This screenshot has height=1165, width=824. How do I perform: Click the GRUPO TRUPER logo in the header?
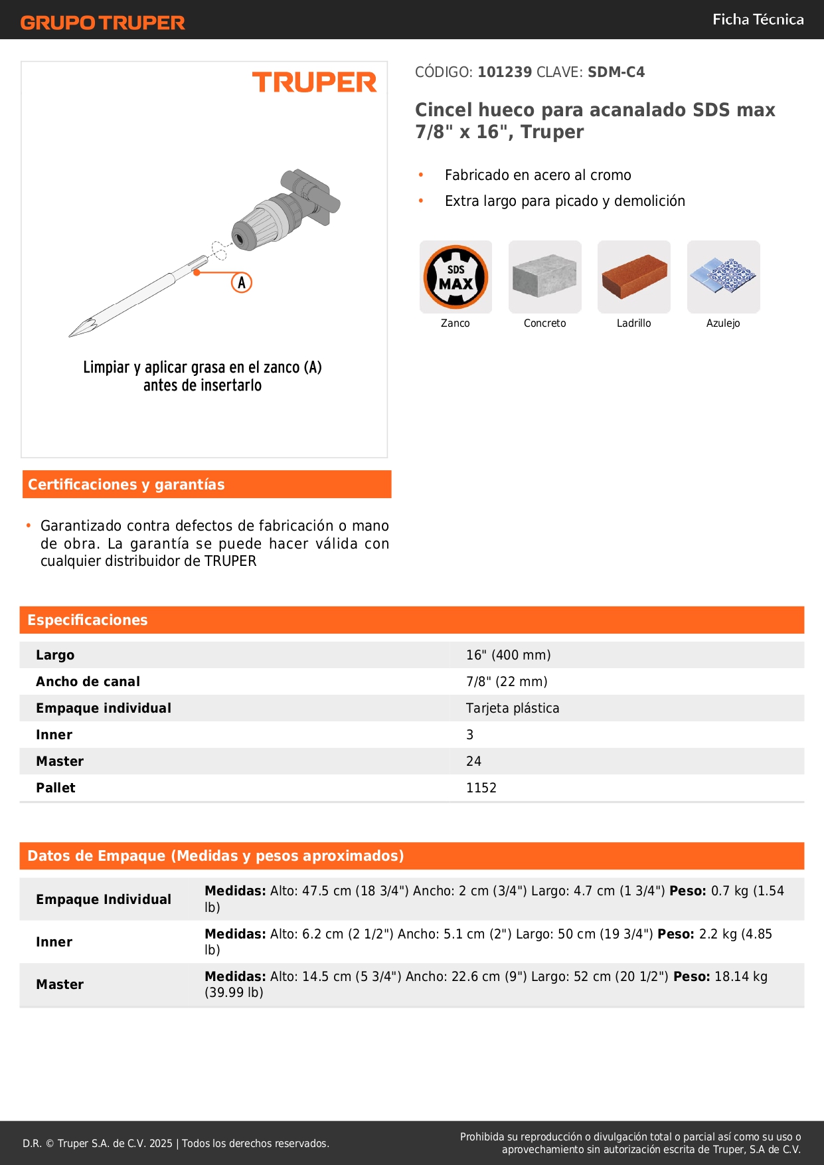point(102,23)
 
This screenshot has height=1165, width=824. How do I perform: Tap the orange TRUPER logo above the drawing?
point(314,82)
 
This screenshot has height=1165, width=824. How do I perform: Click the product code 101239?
point(505,72)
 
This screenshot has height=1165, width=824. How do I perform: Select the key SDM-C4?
point(616,72)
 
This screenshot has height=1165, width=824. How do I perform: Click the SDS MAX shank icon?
point(455,277)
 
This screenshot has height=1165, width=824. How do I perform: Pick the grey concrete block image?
point(544,276)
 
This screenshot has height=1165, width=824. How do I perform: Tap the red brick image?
point(633,276)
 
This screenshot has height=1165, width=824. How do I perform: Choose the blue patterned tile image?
point(723,276)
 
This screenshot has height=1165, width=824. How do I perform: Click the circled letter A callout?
point(242,283)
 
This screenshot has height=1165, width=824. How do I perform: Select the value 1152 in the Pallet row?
point(481,788)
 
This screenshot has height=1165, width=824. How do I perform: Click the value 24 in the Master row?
point(473,761)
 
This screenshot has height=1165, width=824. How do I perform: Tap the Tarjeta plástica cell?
point(513,708)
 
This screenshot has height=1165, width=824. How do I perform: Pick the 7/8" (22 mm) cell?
point(507,681)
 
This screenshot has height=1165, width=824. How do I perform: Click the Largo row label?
point(55,655)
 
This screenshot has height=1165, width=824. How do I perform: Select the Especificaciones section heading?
point(88,620)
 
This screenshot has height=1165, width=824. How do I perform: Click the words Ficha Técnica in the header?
point(758,20)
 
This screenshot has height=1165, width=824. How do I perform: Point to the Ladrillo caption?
point(633,323)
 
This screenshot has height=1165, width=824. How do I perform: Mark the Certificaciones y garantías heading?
point(126,484)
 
